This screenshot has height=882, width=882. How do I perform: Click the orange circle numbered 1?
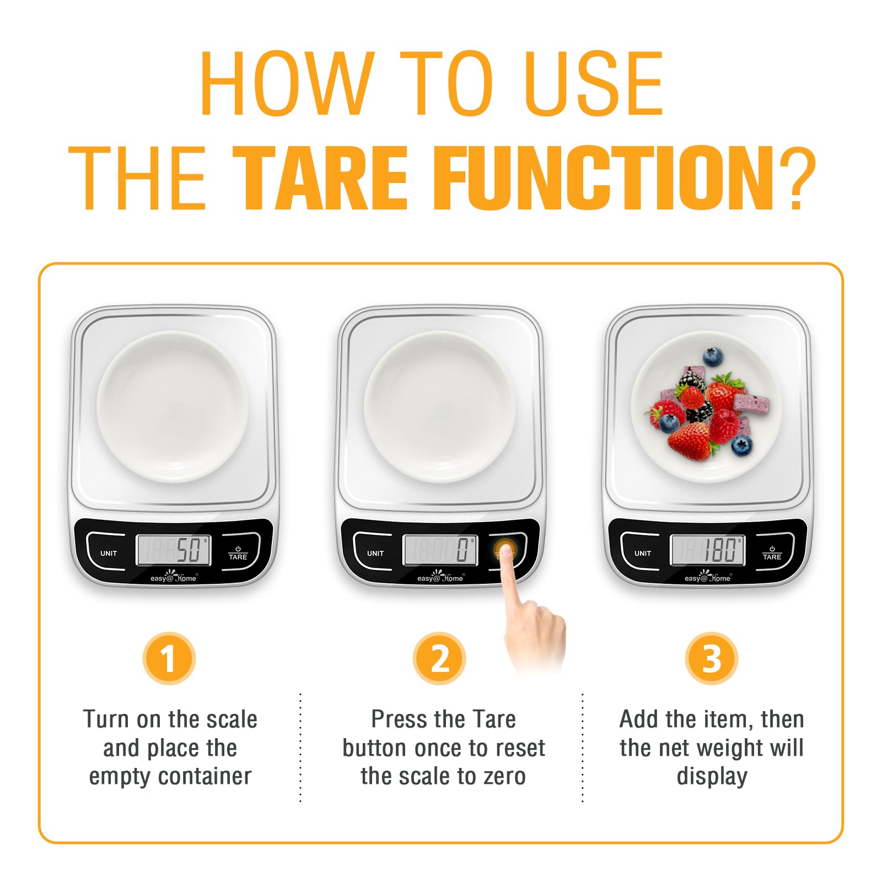click(169, 658)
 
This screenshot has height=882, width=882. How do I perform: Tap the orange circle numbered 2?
click(439, 658)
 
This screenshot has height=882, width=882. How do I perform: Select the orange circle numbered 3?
click(711, 658)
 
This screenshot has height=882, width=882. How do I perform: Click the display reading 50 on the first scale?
click(173, 550)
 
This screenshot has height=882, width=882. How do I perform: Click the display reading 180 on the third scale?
click(708, 550)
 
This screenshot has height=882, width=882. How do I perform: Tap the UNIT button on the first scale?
click(109, 553)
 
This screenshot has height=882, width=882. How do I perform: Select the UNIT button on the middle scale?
click(375, 553)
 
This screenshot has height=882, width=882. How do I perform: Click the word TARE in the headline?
click(320, 179)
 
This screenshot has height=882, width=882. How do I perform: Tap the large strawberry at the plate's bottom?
click(689, 441)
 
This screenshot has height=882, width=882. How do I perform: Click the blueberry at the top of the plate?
click(713, 356)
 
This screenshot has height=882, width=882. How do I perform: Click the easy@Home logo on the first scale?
click(173, 577)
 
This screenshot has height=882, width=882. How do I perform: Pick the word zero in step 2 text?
click(504, 776)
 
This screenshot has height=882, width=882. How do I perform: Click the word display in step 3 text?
click(711, 776)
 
